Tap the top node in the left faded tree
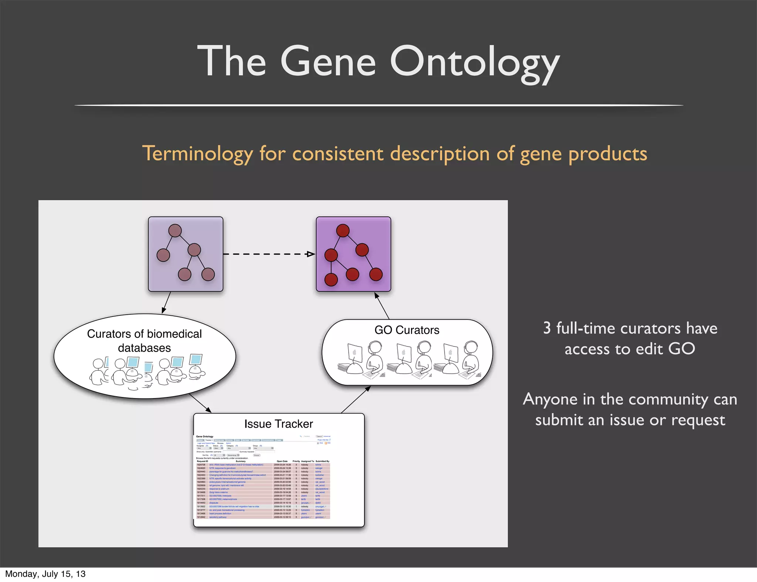175,230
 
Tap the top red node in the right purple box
343,230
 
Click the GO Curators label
407,330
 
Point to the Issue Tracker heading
278,424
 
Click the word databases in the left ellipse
144,348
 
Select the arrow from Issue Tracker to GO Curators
356,399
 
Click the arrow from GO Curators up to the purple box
382,306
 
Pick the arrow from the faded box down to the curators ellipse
166,303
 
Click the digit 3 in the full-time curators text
547,328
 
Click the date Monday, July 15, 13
45,574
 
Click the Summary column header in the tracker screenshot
240,461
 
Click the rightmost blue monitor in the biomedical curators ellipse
195,359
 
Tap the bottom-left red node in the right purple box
331,280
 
